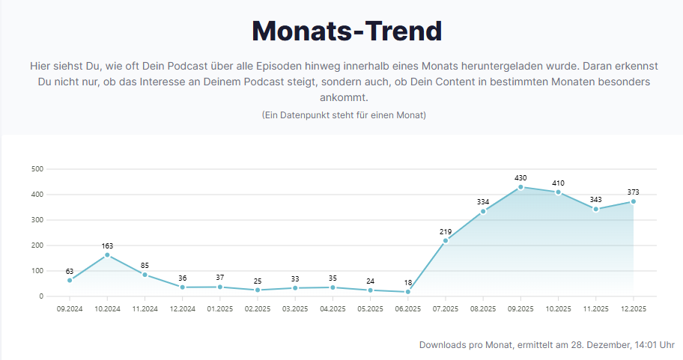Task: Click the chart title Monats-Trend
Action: click(347, 31)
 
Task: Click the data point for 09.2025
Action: click(520, 187)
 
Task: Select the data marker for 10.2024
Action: click(107, 255)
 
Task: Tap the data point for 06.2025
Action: click(408, 292)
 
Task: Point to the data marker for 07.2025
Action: click(446, 240)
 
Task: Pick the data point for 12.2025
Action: click(634, 201)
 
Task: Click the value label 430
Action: click(520, 178)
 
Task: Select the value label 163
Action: click(107, 245)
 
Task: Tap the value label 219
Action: click(446, 231)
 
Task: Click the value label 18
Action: click(408, 282)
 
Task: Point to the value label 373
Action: click(634, 192)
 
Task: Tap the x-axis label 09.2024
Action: click(70, 308)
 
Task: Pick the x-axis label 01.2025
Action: click(219, 308)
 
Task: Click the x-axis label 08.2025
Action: click(483, 308)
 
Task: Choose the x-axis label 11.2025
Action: click(595, 308)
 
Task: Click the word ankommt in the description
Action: click(344, 97)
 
